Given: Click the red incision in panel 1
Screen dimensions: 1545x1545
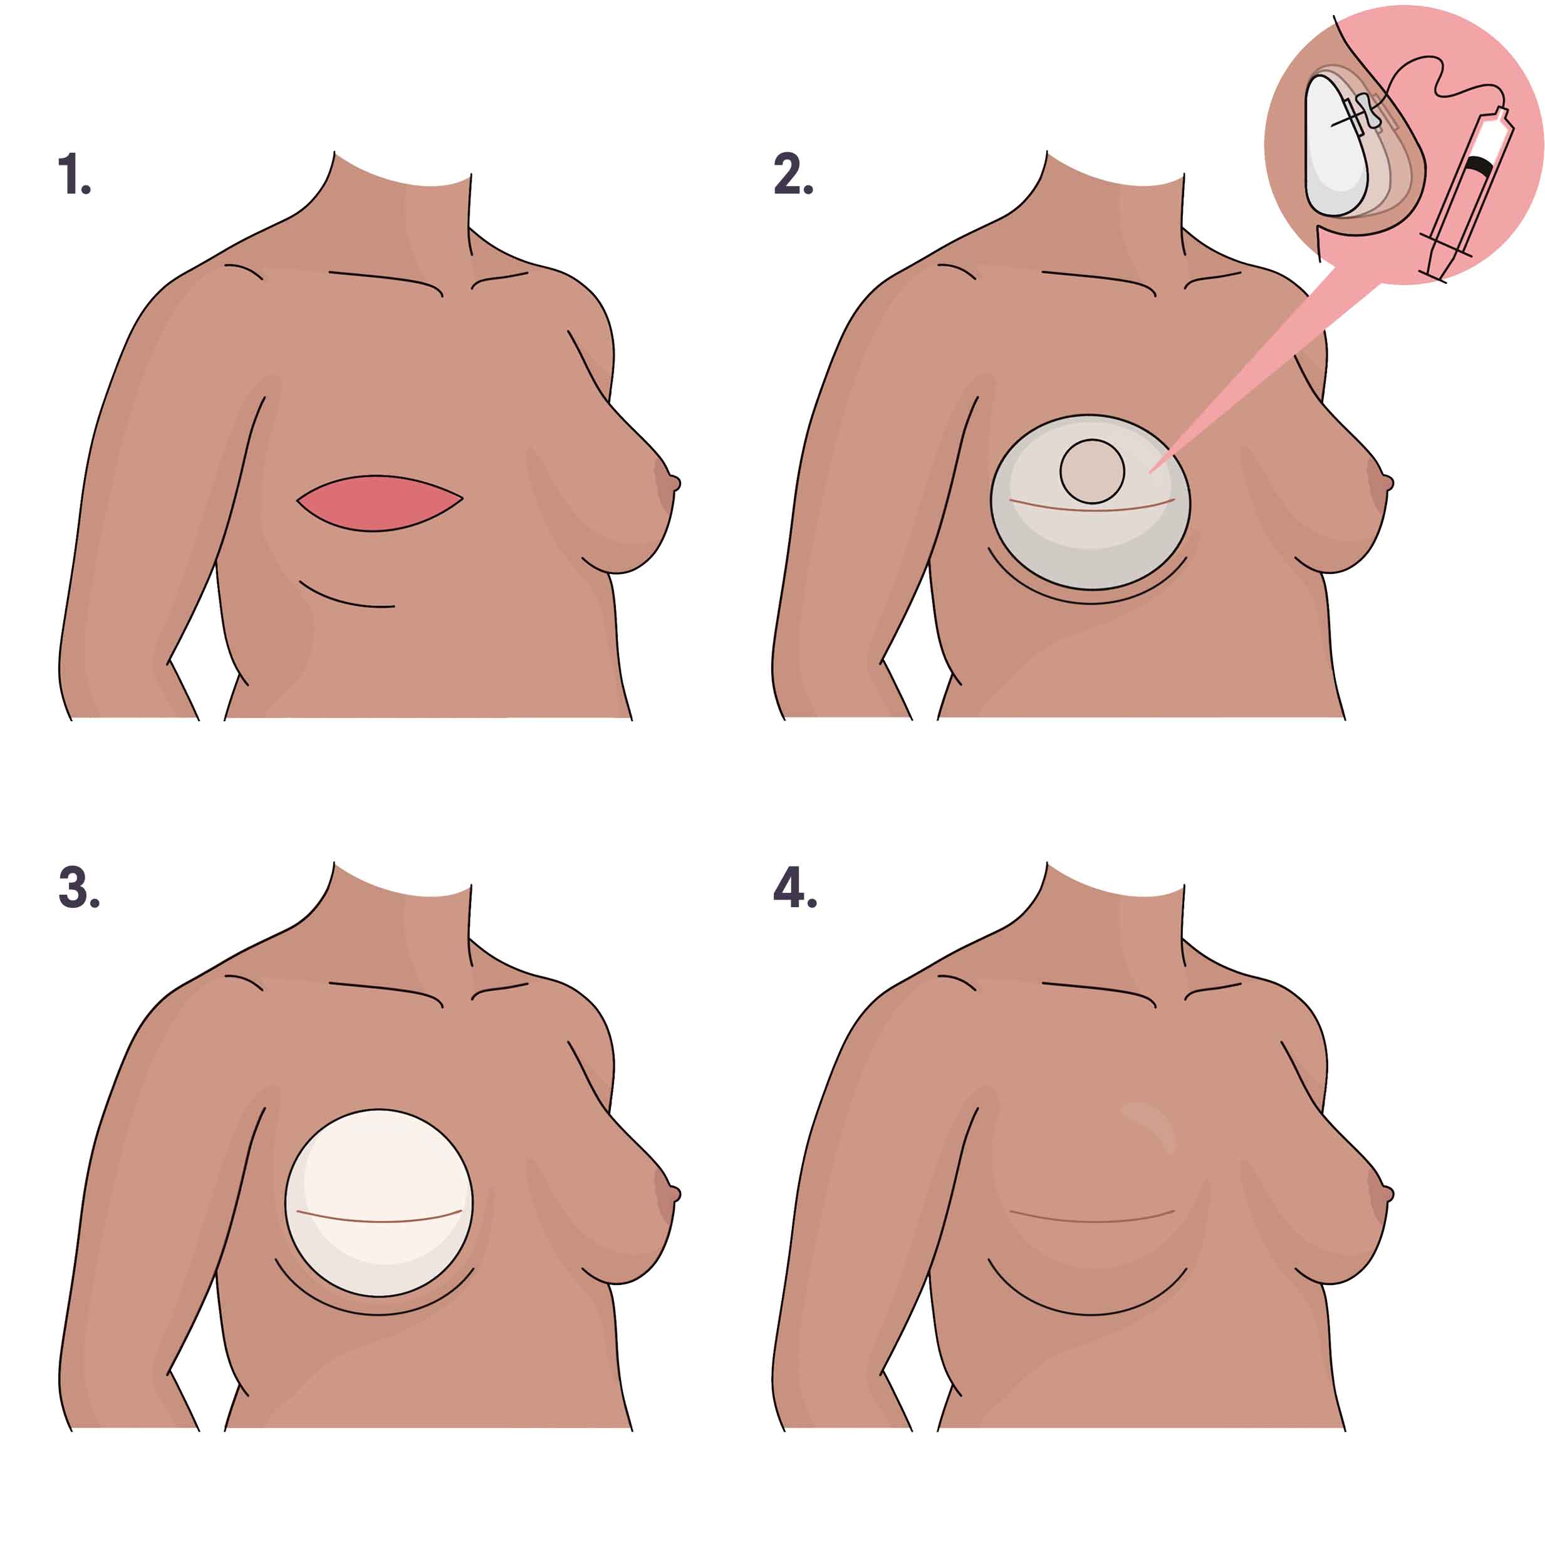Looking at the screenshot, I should pyautogui.click(x=379, y=503).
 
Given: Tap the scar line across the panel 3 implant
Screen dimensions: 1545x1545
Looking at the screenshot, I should pyautogui.click(x=379, y=1220).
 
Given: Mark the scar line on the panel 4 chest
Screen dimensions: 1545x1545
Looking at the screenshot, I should pyautogui.click(x=1091, y=1220).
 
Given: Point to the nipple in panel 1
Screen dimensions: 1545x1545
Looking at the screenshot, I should pyautogui.click(x=674, y=483).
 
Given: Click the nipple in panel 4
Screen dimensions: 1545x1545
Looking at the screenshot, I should pyautogui.click(x=1388, y=1195).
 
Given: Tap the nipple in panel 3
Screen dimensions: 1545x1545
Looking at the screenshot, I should pyautogui.click(x=674, y=1195).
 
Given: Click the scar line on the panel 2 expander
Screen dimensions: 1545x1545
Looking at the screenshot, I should pyautogui.click(x=1091, y=509).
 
